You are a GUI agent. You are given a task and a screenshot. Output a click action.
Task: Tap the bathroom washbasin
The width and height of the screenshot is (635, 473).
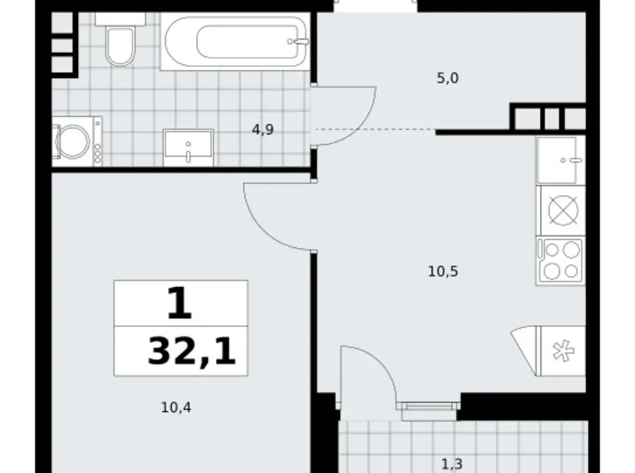pyautogui.click(x=188, y=148)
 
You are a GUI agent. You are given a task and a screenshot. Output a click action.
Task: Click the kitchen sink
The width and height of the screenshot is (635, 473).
pyautogui.click(x=560, y=160)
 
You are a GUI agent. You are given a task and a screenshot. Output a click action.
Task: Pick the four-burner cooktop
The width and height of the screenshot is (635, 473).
pyautogui.click(x=560, y=260)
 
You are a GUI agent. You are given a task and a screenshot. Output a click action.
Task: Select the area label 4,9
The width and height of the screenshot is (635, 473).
pyautogui.click(x=262, y=129)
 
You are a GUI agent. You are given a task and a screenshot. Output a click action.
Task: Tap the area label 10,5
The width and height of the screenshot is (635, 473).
pyautogui.click(x=444, y=272)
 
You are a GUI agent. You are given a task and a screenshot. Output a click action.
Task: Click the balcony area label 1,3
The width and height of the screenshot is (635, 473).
pyautogui.click(x=452, y=464)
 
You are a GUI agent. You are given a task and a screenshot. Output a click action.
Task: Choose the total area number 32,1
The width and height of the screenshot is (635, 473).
pyautogui.click(x=191, y=352)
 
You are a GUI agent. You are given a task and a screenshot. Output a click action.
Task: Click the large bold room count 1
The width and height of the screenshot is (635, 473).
pyautogui.click(x=179, y=304)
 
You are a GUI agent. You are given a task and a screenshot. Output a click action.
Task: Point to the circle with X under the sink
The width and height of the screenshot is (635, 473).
pyautogui.click(x=561, y=210)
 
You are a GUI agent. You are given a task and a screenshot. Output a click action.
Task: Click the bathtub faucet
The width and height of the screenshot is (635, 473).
pyautogui.click(x=300, y=41)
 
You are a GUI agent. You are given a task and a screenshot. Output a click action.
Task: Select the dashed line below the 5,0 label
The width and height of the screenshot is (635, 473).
pyautogui.click(x=374, y=130)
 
